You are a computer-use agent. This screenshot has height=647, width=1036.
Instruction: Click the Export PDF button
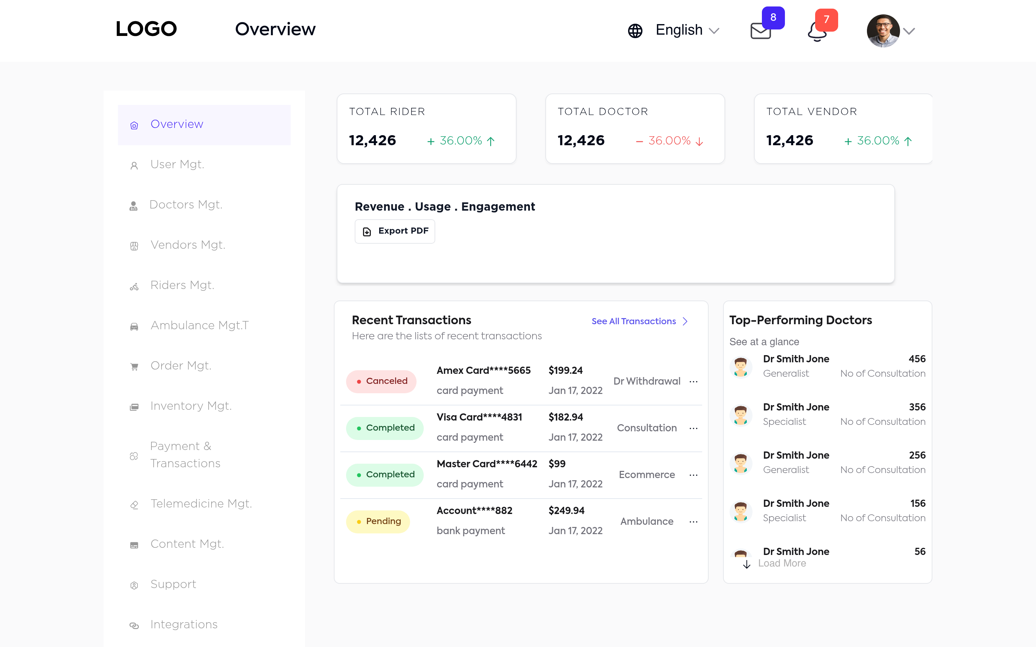click(395, 231)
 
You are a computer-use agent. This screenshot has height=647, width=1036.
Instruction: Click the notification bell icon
click(817, 32)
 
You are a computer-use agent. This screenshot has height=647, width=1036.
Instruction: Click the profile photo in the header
click(883, 31)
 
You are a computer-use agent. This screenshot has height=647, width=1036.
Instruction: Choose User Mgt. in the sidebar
click(177, 164)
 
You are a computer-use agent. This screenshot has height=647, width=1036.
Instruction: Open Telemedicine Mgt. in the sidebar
click(201, 504)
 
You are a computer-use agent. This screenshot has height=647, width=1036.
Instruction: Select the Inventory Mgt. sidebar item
click(191, 406)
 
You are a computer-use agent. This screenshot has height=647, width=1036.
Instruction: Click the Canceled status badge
click(381, 381)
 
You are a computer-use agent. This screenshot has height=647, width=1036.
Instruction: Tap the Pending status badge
click(378, 522)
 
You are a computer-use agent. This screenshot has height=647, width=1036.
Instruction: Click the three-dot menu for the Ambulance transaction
click(694, 522)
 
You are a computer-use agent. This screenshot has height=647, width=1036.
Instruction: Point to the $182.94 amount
click(565, 417)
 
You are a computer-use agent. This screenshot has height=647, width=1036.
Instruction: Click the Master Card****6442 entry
click(487, 464)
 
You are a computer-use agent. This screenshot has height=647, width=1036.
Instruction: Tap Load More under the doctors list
click(781, 564)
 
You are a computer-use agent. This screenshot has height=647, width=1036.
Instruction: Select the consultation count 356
click(917, 407)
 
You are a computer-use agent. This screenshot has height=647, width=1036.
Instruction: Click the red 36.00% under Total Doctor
click(669, 141)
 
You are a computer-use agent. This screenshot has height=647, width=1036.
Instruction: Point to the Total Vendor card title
click(811, 112)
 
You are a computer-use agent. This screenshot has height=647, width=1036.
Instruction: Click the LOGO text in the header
click(146, 29)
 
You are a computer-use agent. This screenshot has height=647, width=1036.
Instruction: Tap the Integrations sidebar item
click(184, 624)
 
